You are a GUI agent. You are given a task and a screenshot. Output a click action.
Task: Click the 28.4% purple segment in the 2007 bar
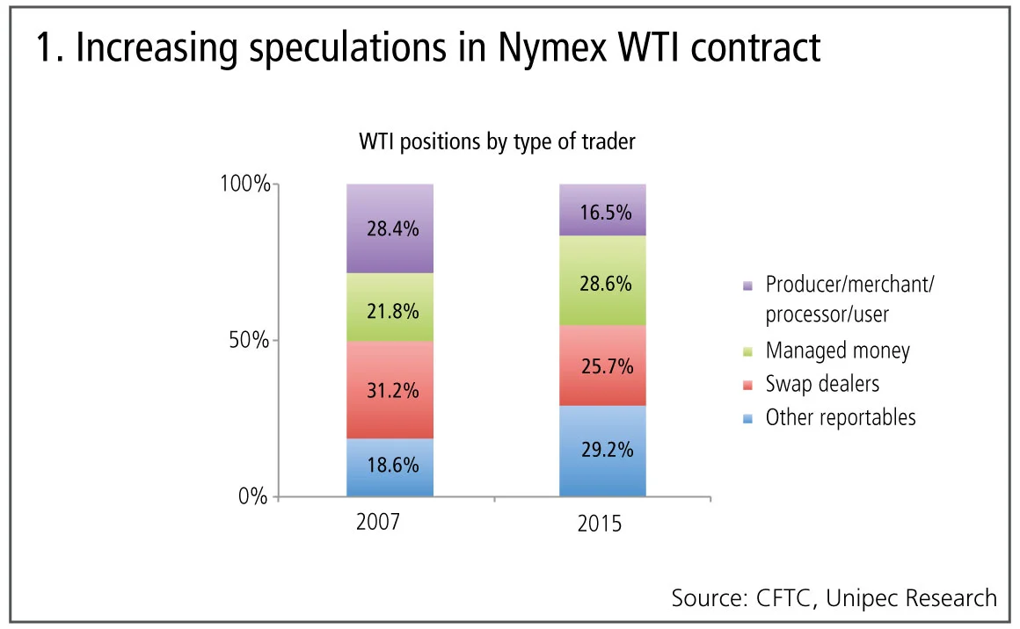pos(390,229)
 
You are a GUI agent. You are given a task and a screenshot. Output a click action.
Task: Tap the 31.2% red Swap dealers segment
pos(390,389)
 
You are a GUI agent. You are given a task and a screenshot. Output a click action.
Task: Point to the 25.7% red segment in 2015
pos(602,365)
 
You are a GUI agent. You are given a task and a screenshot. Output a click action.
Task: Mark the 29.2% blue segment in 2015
pos(602,451)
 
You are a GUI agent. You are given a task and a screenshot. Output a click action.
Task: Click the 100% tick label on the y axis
pos(244,185)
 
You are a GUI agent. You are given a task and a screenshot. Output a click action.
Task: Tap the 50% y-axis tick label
pos(249,341)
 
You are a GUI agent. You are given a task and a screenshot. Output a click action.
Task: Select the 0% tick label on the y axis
pos(254,497)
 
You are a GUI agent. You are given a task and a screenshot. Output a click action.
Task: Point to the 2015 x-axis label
pos(600,524)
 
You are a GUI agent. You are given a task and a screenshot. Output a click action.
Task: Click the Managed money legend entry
pos(837,351)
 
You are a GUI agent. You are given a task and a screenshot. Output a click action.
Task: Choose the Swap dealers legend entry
pos(822,384)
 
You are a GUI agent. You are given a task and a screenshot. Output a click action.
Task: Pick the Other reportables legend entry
pos(841,417)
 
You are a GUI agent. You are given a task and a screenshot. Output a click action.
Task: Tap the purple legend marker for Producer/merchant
pos(747,286)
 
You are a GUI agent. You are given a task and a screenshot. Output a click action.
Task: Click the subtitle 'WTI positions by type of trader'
pos(497,141)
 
